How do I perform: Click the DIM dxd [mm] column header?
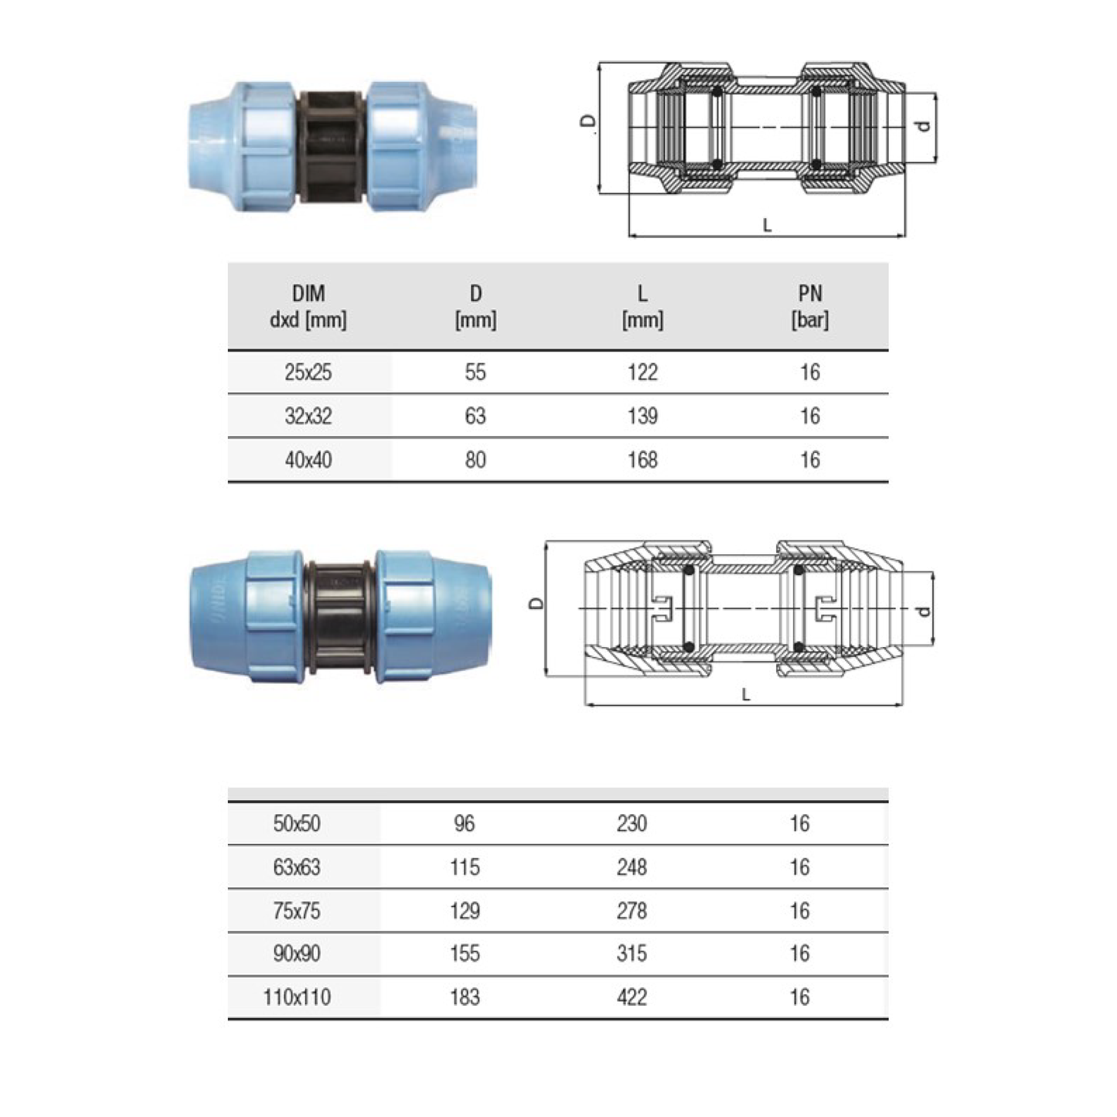pyautogui.click(x=308, y=306)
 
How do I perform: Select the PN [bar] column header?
pyautogui.click(x=810, y=306)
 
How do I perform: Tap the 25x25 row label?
pyautogui.click(x=308, y=372)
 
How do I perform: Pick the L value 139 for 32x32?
pyautogui.click(x=642, y=416)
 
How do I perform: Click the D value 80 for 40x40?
pyautogui.click(x=475, y=460)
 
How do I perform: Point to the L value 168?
pyautogui.click(x=642, y=460)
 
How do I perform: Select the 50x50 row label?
pyautogui.click(x=297, y=824)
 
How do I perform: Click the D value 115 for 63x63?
pyautogui.click(x=465, y=867)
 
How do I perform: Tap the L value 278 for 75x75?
pyautogui.click(x=632, y=911)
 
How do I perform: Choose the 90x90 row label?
pyautogui.click(x=297, y=954)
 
